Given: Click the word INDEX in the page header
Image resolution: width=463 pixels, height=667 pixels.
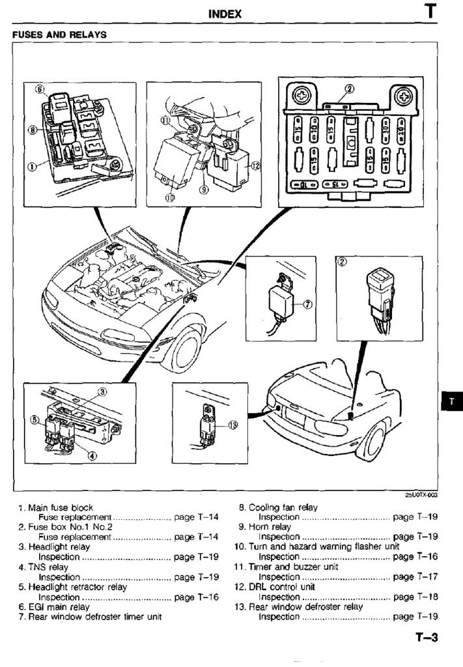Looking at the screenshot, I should (x=225, y=14).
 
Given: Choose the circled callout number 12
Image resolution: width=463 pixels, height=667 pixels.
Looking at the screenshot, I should (x=255, y=165).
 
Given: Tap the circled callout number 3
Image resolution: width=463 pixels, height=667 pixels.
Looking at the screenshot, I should (x=102, y=391).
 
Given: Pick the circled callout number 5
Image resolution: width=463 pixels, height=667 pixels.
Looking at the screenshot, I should (x=35, y=421).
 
